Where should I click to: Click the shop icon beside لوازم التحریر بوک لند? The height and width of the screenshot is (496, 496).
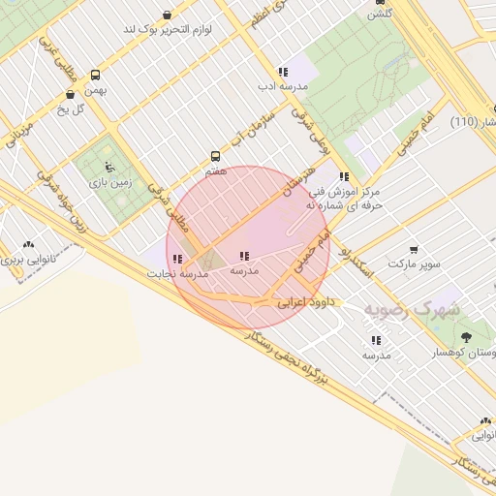click(x=168, y=15)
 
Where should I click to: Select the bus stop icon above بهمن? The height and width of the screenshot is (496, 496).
click(x=95, y=75)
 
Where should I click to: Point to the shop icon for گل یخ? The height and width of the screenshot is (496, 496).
click(x=70, y=95)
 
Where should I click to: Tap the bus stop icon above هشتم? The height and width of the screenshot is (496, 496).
click(x=215, y=156)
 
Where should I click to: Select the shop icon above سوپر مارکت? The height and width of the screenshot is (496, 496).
click(x=414, y=250)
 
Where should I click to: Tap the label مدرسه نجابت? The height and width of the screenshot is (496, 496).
click(x=177, y=274)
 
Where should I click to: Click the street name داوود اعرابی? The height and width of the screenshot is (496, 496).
click(x=306, y=302)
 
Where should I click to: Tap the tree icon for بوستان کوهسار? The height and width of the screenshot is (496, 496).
click(x=467, y=336)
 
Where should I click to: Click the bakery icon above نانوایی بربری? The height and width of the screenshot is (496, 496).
click(x=27, y=245)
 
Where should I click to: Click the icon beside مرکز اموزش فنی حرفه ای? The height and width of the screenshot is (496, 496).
click(x=344, y=176)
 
